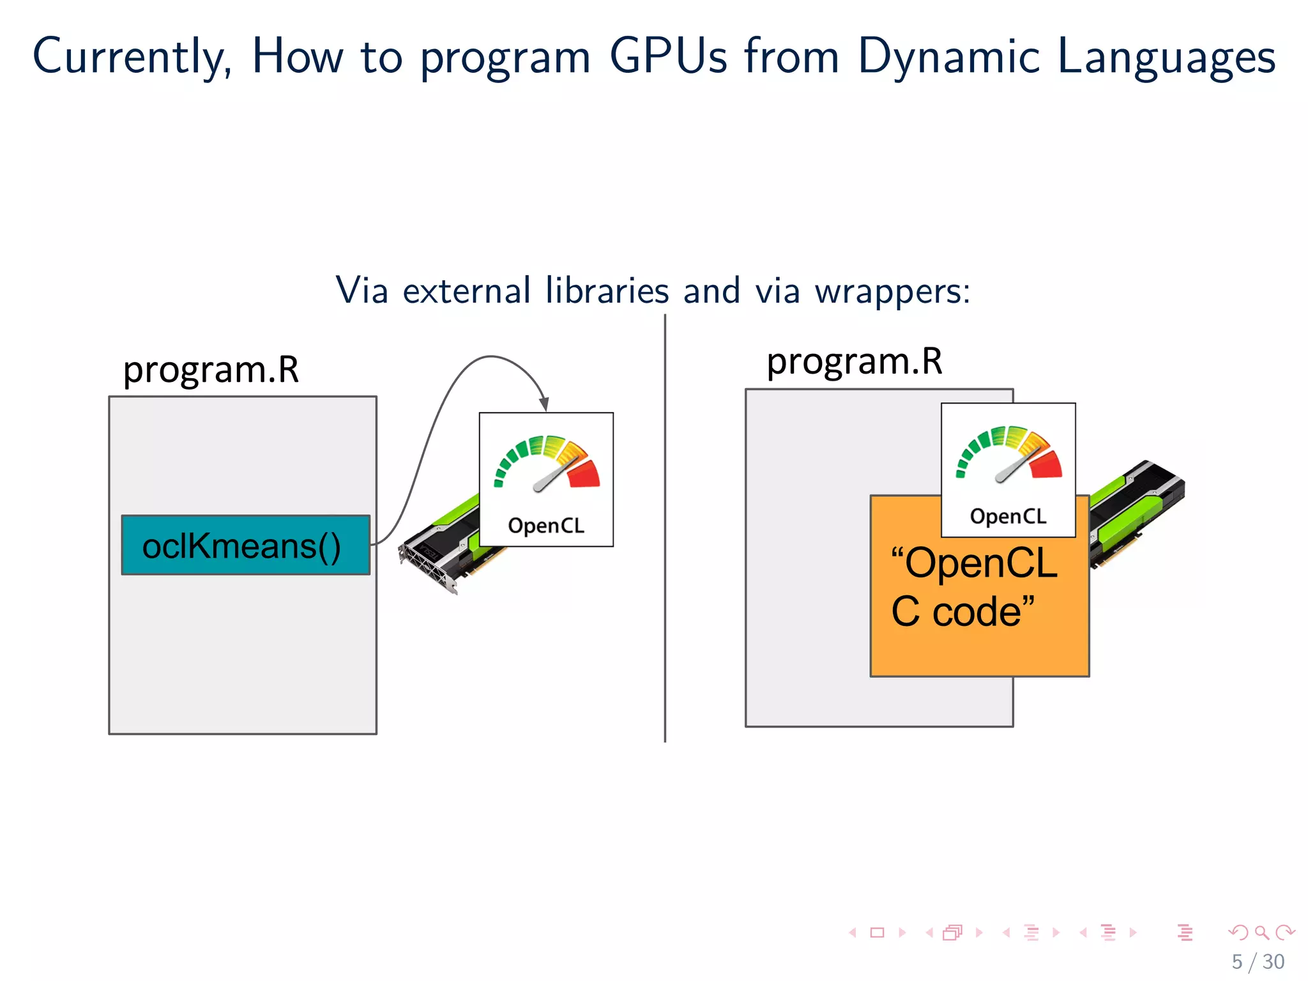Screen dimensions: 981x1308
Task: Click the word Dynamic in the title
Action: pos(948,56)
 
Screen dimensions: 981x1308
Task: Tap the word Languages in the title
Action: pos(1166,56)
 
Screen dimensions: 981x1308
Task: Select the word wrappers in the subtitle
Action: pos(892,291)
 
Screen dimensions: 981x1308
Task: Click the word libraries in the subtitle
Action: pos(607,291)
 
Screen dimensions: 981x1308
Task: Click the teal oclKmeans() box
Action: pos(245,545)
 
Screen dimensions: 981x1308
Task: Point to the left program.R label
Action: pos(211,370)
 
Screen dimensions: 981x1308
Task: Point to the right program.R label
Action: pos(854,361)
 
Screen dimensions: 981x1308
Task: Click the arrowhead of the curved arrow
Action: pos(544,404)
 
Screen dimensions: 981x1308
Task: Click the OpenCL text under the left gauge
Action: pos(546,526)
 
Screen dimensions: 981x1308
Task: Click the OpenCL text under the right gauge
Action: pos(1008,516)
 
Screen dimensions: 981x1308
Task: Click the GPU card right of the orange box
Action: pos(1137,511)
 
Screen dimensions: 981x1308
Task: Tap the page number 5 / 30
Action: pos(1258,961)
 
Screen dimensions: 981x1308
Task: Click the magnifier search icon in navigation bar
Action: pos(1261,932)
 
